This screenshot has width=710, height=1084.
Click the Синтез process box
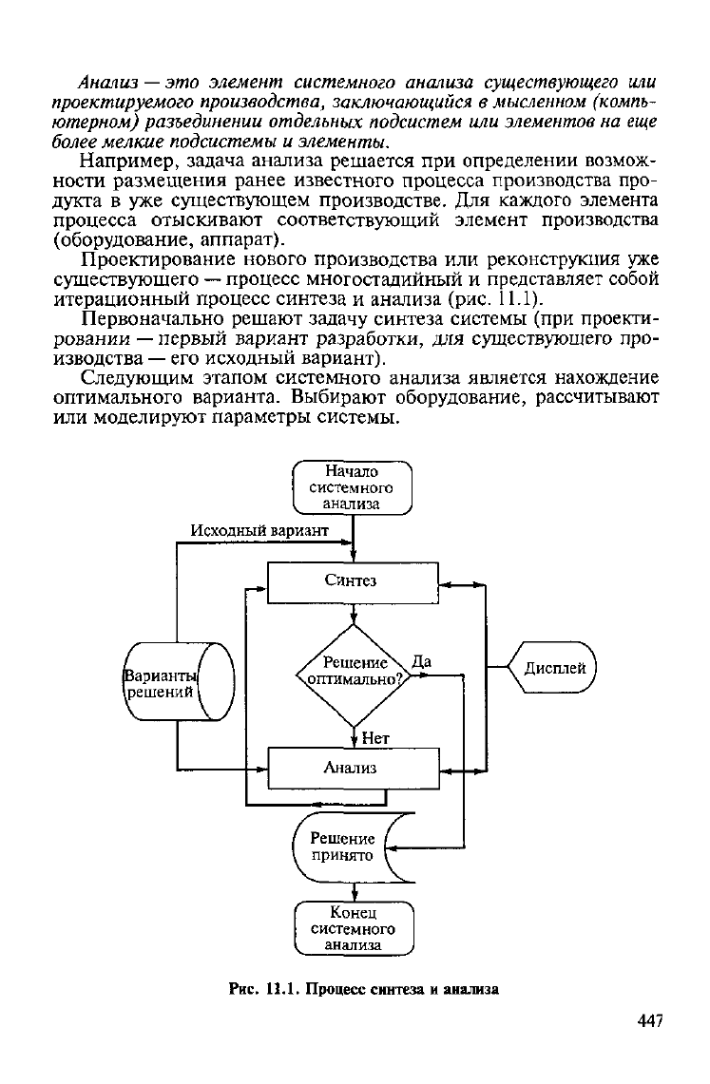point(353,582)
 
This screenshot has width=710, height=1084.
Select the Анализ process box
point(354,768)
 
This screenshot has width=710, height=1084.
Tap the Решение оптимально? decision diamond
point(354,675)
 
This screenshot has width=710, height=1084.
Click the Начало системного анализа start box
point(353,488)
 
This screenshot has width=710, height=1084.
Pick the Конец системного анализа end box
point(354,928)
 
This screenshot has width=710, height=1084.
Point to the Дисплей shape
point(551,668)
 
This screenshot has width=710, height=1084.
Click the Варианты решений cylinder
point(179,681)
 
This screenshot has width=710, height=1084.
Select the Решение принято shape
point(354,846)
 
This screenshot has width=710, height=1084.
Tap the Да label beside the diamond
point(422,661)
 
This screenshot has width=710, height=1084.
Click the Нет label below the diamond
point(375,738)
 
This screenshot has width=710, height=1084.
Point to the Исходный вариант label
point(259,530)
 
